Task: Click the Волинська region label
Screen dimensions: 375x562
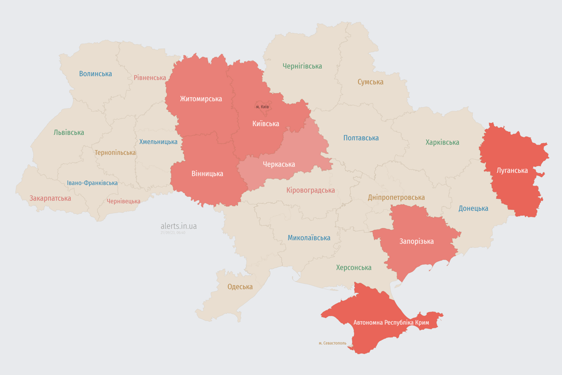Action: (x=96, y=74)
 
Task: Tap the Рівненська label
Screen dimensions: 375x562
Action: (x=150, y=78)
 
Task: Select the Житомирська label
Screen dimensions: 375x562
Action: (x=201, y=99)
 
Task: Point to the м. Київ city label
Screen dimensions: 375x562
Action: (x=262, y=106)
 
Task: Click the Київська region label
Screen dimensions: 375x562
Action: (x=266, y=124)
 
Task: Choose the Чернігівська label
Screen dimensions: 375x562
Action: (x=302, y=66)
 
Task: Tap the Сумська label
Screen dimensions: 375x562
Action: (x=370, y=82)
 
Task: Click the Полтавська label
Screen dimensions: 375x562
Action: (x=361, y=138)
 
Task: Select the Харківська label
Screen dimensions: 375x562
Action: (x=442, y=143)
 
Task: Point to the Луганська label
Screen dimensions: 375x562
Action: (x=512, y=170)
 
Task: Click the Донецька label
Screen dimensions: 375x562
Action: (x=473, y=208)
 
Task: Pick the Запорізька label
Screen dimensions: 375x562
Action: (x=416, y=241)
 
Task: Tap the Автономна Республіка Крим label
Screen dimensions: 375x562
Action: (x=392, y=323)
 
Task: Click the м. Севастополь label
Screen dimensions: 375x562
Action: (x=332, y=343)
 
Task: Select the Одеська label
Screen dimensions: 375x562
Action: (x=240, y=287)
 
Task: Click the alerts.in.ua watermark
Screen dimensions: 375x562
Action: (x=179, y=226)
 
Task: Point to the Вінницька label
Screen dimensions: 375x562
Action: (x=207, y=173)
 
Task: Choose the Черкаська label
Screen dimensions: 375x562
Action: (x=279, y=164)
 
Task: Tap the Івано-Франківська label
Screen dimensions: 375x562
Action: (x=92, y=183)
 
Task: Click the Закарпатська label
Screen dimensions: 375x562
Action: (x=50, y=198)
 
